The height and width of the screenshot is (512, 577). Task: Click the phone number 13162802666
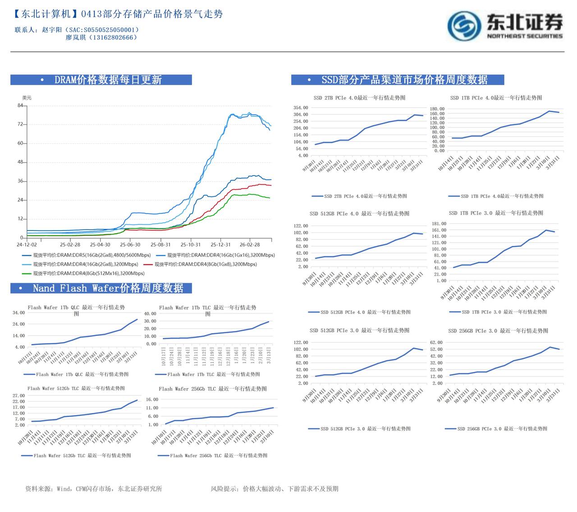[113, 37]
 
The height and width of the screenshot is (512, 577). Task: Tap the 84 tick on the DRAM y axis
[20, 105]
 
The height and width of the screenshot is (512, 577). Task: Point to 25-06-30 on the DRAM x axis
[129, 245]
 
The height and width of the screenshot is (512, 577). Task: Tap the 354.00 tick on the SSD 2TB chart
[301, 108]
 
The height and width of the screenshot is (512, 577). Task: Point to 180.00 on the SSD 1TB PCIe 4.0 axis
[437, 109]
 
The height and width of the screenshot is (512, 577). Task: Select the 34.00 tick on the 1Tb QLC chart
[18, 313]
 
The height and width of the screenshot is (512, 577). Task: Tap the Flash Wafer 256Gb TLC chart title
[212, 389]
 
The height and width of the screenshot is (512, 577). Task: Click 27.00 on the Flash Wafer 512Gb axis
[18, 396]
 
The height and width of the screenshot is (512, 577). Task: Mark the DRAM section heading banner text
[108, 80]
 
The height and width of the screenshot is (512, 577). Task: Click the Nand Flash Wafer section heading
[108, 288]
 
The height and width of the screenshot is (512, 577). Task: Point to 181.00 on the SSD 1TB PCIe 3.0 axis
[439, 224]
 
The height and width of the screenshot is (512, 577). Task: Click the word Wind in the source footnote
[64, 489]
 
